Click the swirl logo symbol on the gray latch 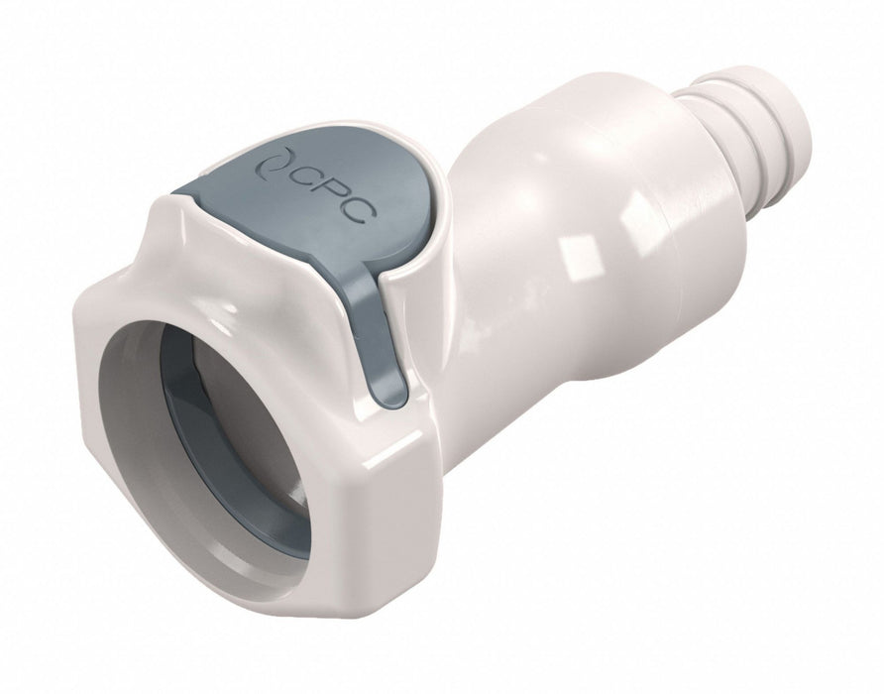275,166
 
